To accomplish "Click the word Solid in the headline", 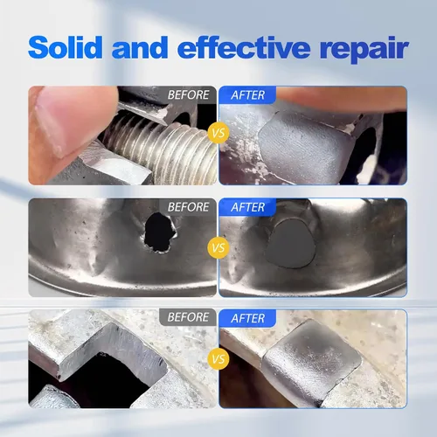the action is [x=66, y=47].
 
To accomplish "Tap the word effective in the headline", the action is [x=244, y=47].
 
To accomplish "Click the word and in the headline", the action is [x=140, y=47].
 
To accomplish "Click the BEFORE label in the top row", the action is [x=188, y=94].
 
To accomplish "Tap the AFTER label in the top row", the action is [x=248, y=95].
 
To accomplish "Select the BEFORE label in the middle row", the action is [x=188, y=207].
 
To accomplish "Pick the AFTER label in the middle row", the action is [x=248, y=207].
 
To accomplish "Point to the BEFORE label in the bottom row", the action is [x=188, y=317].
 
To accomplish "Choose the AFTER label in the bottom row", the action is [x=248, y=318].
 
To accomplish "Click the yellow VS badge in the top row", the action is [x=218, y=133].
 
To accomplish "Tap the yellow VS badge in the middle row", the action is [x=218, y=248].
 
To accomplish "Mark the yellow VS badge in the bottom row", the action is [x=218, y=359].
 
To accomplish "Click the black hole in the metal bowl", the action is [x=159, y=232].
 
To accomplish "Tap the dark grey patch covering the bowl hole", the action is [x=291, y=243].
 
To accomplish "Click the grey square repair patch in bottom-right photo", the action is [x=313, y=360].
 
